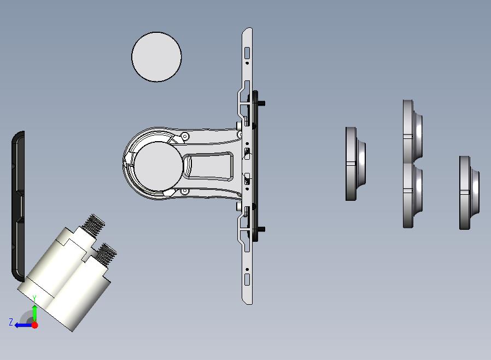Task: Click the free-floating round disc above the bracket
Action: point(156,57)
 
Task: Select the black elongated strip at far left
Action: point(18,206)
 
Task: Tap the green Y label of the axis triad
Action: point(34,299)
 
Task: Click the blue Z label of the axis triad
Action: point(11,322)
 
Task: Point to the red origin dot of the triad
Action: point(35,325)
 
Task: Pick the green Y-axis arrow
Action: point(35,313)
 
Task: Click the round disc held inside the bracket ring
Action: point(158,165)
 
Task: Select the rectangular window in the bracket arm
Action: point(208,166)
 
